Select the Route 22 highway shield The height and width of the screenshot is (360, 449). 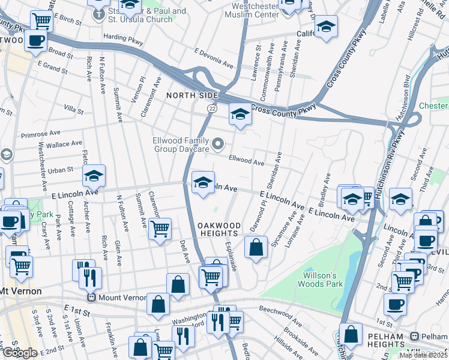coord(212,108)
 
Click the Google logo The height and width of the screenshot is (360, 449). coord(19,352)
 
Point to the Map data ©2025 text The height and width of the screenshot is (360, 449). coord(423,355)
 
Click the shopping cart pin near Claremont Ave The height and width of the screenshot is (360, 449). coord(160,229)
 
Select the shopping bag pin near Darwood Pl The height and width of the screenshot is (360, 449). coord(256,247)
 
